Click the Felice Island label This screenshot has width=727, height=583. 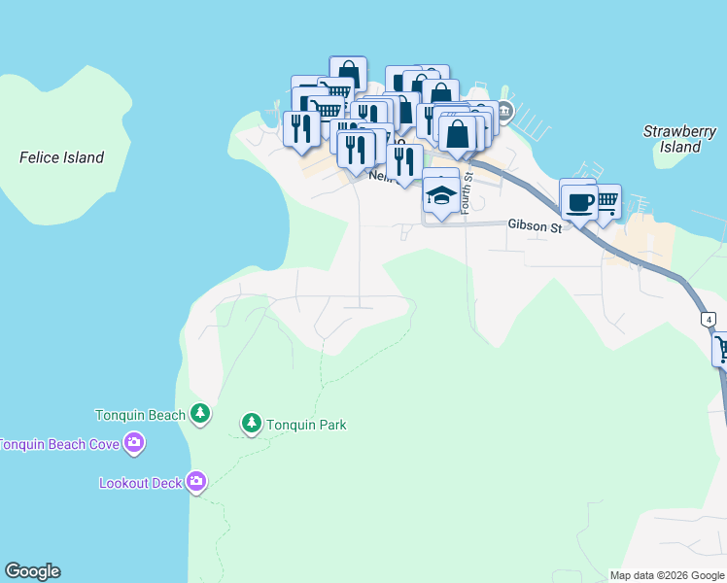tap(61, 157)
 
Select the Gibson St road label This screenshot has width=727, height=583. tap(536, 224)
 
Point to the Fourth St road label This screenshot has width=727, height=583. tap(467, 192)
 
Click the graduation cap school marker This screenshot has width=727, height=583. tap(441, 195)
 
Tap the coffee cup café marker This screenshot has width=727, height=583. tap(580, 203)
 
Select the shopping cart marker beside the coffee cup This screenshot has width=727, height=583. tap(606, 201)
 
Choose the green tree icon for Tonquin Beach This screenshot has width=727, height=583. tap(200, 415)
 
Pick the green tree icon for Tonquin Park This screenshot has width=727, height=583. tap(252, 424)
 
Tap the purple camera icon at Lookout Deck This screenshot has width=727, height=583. tap(196, 482)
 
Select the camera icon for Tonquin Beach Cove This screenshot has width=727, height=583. tap(134, 444)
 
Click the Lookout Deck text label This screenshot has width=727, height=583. tap(141, 483)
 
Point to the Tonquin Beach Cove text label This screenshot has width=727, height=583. tap(59, 444)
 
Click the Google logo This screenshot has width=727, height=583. tap(33, 571)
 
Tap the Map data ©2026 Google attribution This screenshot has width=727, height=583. tap(668, 575)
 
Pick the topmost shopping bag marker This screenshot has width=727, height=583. tap(348, 75)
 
